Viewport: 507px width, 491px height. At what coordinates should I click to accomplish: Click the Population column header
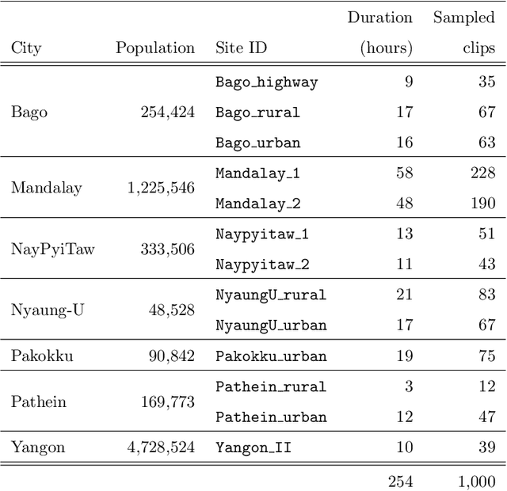point(155,48)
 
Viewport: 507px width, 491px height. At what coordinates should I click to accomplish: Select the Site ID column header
point(241,48)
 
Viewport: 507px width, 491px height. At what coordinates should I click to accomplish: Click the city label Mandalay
point(46,188)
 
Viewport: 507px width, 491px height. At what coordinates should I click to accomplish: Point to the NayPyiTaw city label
point(52,249)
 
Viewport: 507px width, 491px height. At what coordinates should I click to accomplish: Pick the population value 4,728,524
point(161,447)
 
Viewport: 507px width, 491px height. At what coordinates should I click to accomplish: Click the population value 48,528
point(171,310)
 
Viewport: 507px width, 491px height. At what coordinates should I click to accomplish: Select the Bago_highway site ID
point(266,82)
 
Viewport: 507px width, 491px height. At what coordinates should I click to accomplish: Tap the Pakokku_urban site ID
point(271,356)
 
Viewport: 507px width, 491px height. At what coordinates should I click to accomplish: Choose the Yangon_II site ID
point(253,447)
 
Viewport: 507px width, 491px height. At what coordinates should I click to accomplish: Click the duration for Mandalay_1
point(404,173)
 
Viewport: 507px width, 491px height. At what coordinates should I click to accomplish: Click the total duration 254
point(400,481)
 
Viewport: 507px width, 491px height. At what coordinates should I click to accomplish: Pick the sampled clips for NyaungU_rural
point(486,295)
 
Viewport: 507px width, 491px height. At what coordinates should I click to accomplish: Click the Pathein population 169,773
point(167,402)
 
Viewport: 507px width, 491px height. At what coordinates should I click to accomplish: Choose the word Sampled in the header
point(463,17)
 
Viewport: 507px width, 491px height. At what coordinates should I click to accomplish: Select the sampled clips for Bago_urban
point(486,143)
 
